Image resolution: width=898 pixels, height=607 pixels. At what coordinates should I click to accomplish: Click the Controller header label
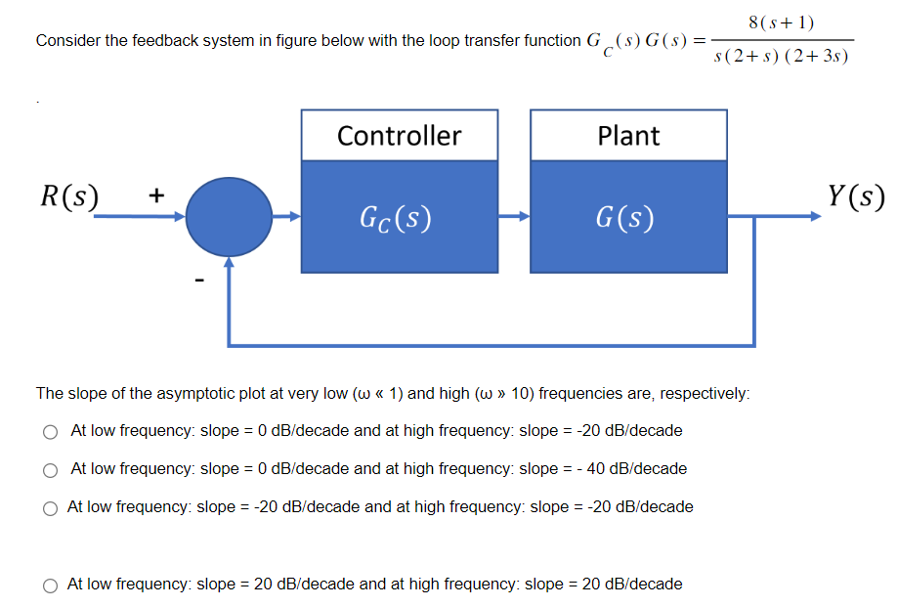[x=399, y=135]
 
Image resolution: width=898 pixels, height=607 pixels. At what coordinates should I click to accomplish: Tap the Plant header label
[x=628, y=135]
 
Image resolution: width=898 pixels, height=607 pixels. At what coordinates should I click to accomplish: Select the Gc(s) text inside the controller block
[x=399, y=216]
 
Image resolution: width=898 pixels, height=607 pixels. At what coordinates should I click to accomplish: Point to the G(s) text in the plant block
[x=628, y=216]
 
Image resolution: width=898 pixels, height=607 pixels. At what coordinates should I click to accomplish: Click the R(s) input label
[x=67, y=195]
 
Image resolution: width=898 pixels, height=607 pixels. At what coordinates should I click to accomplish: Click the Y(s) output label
[x=855, y=196]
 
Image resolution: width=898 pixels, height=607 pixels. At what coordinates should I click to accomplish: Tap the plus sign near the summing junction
[x=155, y=195]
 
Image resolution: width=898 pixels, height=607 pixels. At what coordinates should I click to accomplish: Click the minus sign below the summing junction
[x=198, y=282]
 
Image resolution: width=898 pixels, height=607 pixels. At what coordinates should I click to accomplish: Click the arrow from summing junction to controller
[x=286, y=216]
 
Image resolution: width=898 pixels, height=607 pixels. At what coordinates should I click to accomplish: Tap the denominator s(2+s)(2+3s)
[x=782, y=57]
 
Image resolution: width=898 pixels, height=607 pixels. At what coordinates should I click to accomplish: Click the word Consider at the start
[x=64, y=41]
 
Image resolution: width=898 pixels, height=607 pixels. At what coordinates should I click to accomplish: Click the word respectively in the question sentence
[x=704, y=394]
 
